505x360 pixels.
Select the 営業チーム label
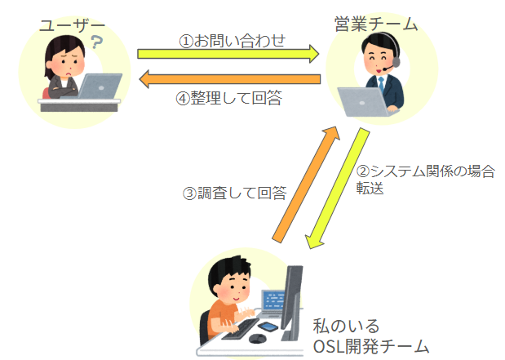coord(376,24)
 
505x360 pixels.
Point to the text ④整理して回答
coord(229,98)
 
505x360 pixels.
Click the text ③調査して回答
coord(233,193)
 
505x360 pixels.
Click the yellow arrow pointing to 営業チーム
coord(228,55)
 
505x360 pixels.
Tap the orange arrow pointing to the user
coord(228,80)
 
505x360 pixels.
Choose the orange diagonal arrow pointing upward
coord(305,183)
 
